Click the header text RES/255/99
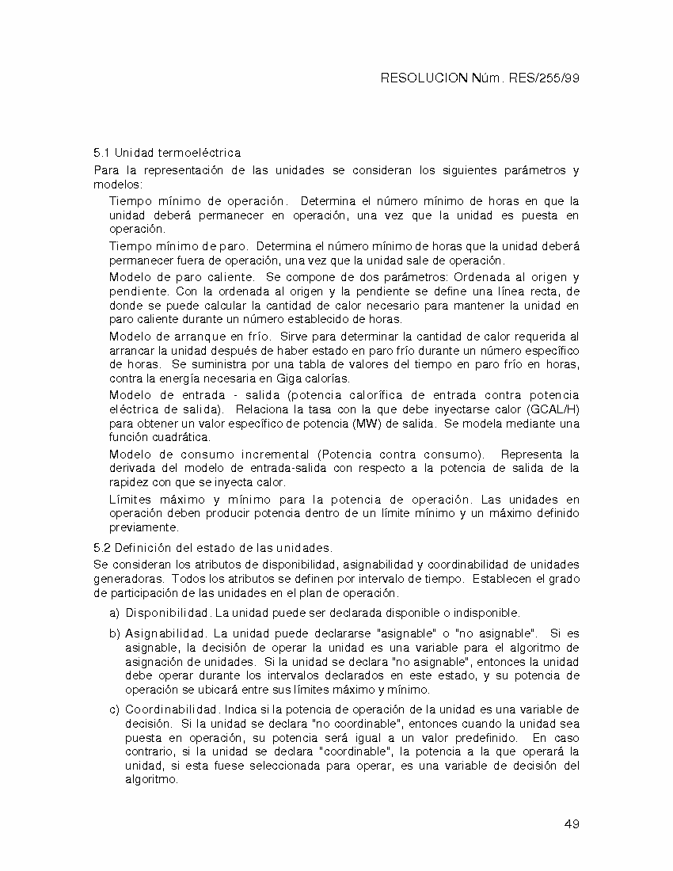550,78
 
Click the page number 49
572,824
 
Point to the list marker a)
114,613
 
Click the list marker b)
114,633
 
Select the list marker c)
114,709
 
